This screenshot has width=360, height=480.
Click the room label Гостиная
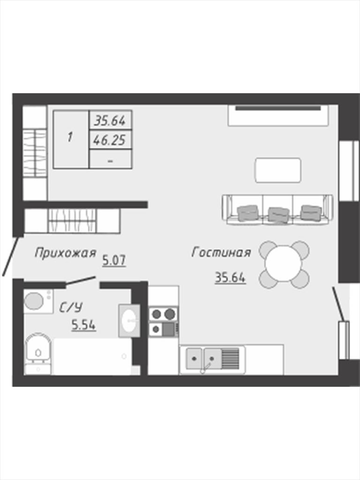[x=221, y=253]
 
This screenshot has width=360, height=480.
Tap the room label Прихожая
[x=66, y=253]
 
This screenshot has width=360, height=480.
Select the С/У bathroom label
[x=71, y=307]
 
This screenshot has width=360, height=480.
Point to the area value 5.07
[x=114, y=261]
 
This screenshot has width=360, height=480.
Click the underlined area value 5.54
[x=83, y=324]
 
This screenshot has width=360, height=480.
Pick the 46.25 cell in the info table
[x=110, y=140]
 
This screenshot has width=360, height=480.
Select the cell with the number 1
[x=71, y=139]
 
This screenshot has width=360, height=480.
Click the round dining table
[x=284, y=264]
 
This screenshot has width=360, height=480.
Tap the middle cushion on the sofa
[x=278, y=214]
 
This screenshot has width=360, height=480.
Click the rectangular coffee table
[x=278, y=170]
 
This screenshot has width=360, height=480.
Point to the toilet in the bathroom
[x=37, y=353]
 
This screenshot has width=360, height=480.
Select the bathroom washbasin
[x=129, y=321]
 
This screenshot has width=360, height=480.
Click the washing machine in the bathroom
[x=38, y=301]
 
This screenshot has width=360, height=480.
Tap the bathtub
[x=92, y=356]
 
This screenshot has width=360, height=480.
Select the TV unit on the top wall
[x=278, y=115]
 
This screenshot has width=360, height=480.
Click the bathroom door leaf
[x=81, y=281]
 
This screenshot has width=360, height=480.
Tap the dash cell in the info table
[x=110, y=159]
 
